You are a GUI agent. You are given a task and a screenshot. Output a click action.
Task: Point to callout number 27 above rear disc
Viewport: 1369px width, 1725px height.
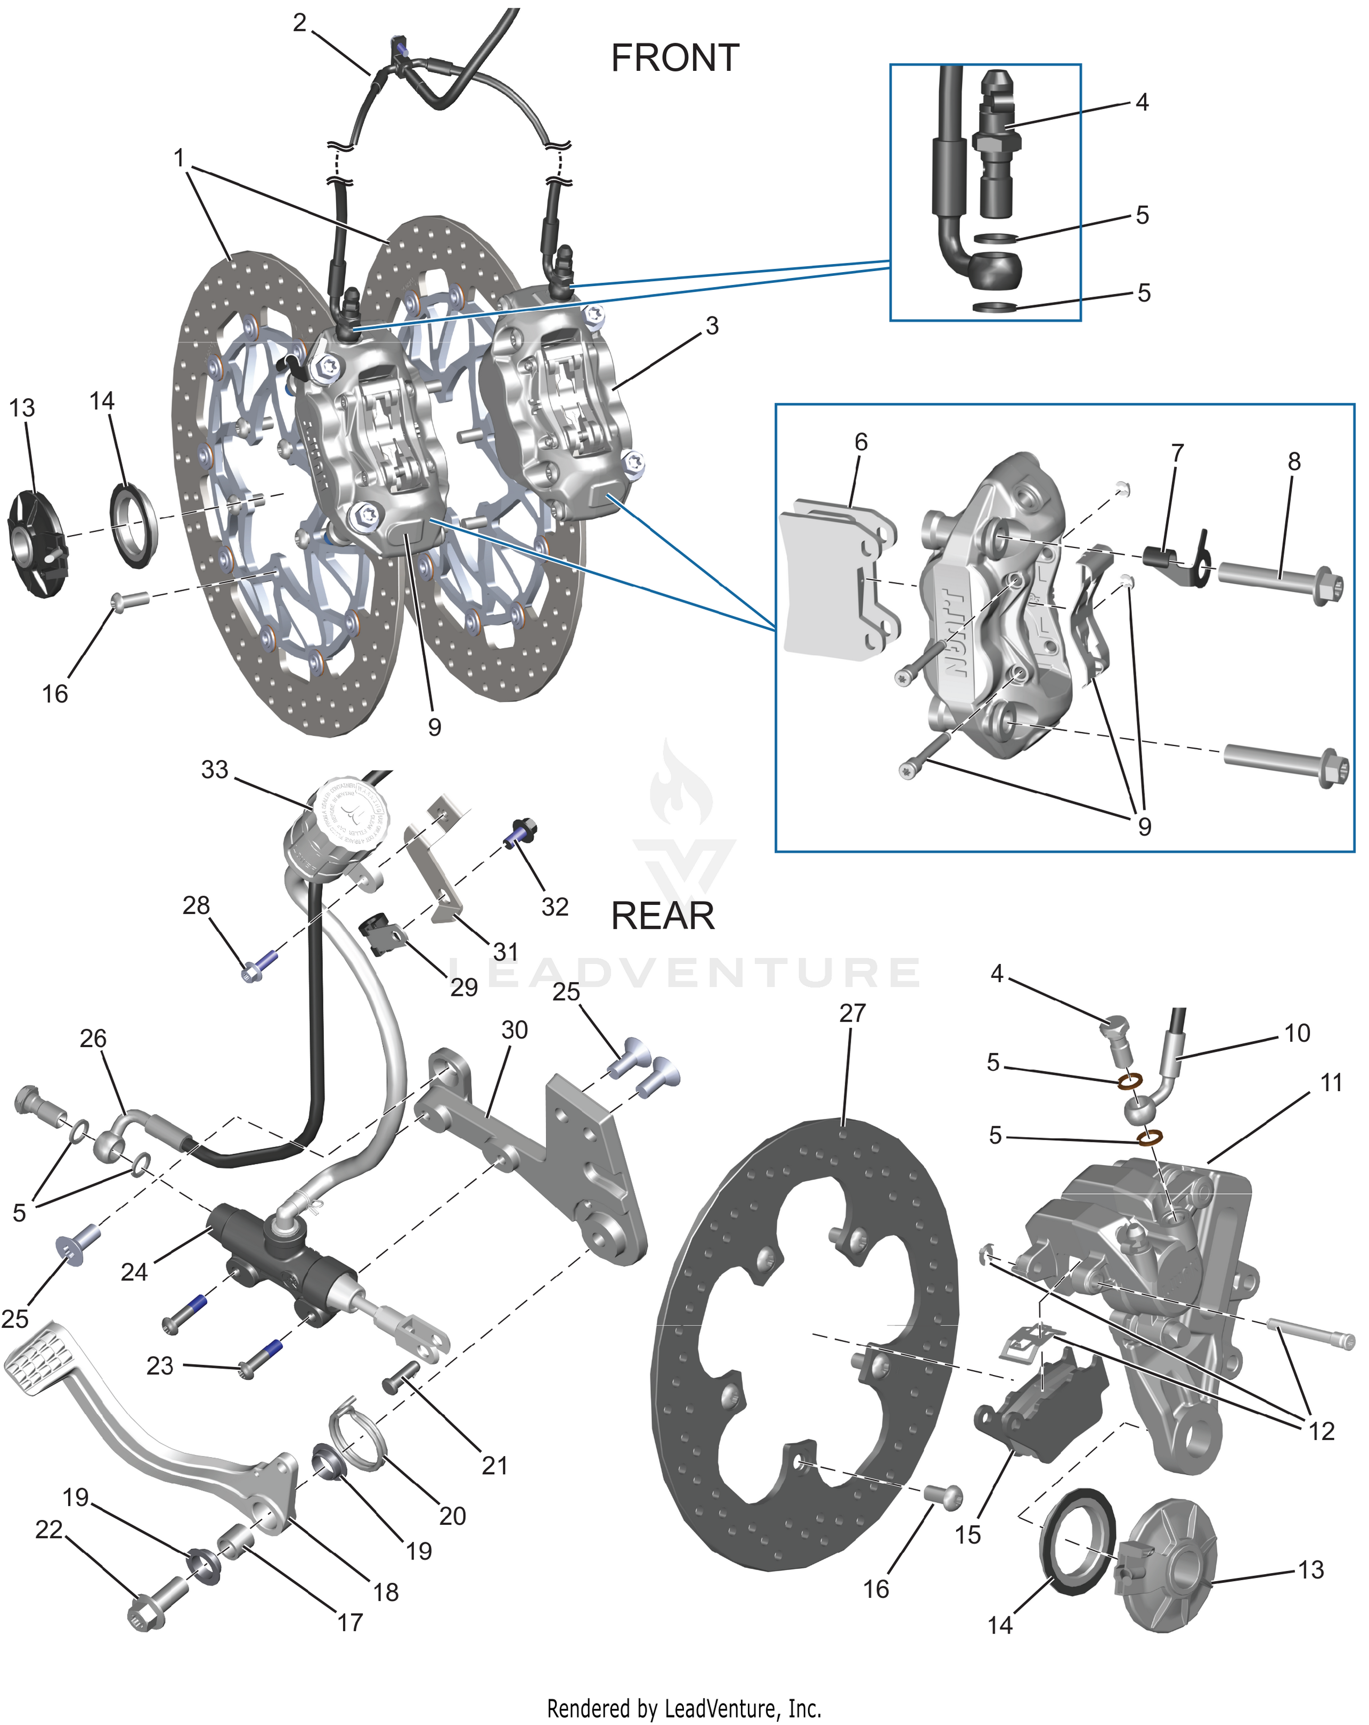tap(852, 1013)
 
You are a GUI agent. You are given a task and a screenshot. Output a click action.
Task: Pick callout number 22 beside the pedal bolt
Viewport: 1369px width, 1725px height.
tap(49, 1530)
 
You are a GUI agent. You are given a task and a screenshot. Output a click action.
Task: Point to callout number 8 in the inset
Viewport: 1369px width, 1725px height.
tap(1294, 462)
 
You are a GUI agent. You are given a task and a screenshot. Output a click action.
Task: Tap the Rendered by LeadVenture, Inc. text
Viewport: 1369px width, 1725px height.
tap(684, 1708)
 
